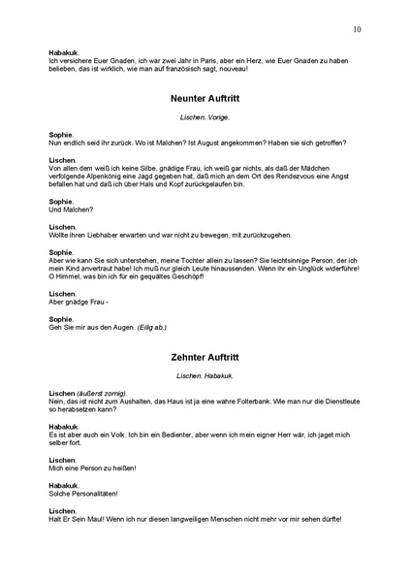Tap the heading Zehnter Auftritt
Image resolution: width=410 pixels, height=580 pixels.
pyautogui.click(x=204, y=357)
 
